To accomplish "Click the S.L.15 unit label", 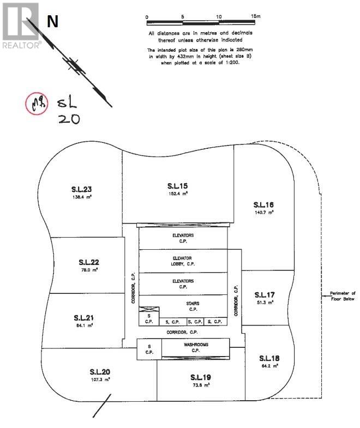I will [178, 186].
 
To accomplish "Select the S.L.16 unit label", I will [263, 204].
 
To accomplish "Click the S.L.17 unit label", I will [264, 294].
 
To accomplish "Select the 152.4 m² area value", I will [178, 193].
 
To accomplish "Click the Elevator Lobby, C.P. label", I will [183, 261].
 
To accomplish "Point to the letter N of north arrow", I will [52, 22].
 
